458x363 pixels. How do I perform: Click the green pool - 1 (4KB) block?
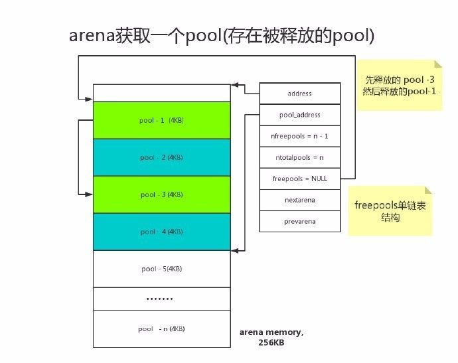coord(162,120)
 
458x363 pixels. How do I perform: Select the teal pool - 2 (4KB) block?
coord(162,157)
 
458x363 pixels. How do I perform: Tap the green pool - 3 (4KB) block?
coord(162,194)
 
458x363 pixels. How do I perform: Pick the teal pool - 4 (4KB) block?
coord(162,232)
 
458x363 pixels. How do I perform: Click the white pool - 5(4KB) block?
coord(162,269)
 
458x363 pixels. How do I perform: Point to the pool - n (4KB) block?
coord(162,328)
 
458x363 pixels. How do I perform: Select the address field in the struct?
coord(299,94)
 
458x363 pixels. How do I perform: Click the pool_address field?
coord(299,115)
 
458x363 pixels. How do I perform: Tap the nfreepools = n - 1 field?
coord(299,136)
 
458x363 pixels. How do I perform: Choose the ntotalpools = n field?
coord(299,157)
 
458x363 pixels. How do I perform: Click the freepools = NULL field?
coord(299,179)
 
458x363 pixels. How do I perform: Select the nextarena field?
coord(299,200)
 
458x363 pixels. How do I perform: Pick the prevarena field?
coord(299,221)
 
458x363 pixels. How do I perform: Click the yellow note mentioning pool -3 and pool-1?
coord(399,84)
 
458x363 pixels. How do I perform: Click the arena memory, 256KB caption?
coord(271,337)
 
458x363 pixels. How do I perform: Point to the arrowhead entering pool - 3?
coord(90,194)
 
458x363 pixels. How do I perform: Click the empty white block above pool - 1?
coord(162,92)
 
